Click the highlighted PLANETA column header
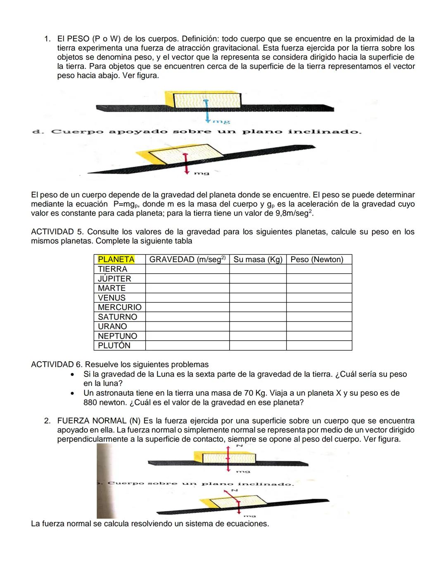pyautogui.click(x=116, y=259)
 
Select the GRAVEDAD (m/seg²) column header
pyautogui.click(x=187, y=259)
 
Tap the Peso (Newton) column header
pyautogui.click(x=317, y=259)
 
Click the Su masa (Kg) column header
pyautogui.click(x=258, y=259)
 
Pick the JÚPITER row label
pyautogui.click(x=114, y=279)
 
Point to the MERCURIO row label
pyautogui.click(x=119, y=307)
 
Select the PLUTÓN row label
pyautogui.click(x=114, y=346)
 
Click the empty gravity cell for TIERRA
pyautogui.click(x=187, y=269)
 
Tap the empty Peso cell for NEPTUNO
pyautogui.click(x=319, y=336)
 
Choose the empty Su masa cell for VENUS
pyautogui.click(x=258, y=298)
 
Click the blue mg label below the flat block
pyautogui.click(x=221, y=122)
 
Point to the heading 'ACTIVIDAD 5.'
pyautogui.click(x=58, y=232)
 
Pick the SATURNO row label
pyautogui.click(x=117, y=317)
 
